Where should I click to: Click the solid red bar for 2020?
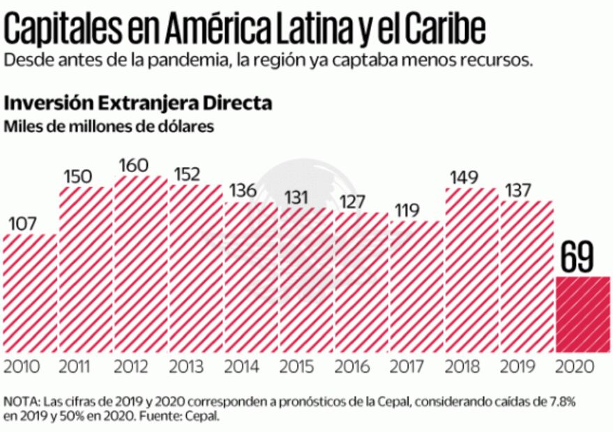[583, 314]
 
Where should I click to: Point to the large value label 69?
[577, 259]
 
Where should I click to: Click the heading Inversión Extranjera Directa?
[138, 104]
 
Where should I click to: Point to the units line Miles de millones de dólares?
[109, 127]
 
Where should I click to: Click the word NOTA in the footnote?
[22, 402]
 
